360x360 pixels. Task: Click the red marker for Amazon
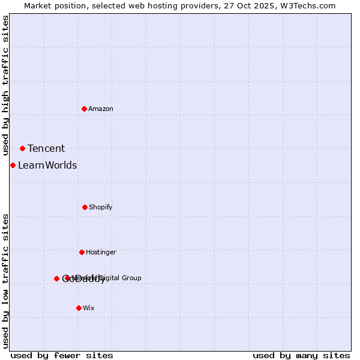(84, 109)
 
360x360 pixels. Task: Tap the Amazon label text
(101, 109)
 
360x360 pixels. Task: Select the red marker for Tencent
(22, 148)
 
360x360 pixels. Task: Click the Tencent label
(46, 149)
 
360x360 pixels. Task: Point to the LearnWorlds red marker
(13, 165)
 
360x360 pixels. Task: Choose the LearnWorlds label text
(47, 166)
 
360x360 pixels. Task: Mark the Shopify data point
(85, 207)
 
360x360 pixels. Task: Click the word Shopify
(101, 207)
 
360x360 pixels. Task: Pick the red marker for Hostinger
(82, 252)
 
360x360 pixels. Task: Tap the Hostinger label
(101, 252)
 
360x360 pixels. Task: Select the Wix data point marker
(79, 308)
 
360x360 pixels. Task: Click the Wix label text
(89, 308)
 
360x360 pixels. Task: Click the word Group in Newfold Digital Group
(131, 278)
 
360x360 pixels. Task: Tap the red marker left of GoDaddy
(56, 278)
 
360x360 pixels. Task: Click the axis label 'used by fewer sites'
(62, 356)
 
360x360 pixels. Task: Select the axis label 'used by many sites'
(301, 356)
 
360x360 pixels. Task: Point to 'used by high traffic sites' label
(5, 86)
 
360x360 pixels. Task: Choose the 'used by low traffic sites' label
(5, 281)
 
